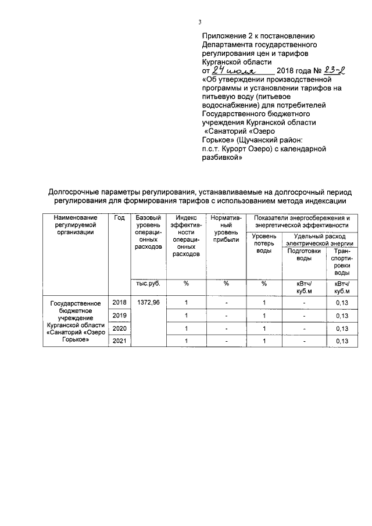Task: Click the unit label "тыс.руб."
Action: (148, 284)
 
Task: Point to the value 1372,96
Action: (148, 303)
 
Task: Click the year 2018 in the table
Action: (119, 303)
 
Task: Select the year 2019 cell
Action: (119, 316)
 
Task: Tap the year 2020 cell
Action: (119, 328)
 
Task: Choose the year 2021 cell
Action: (119, 341)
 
